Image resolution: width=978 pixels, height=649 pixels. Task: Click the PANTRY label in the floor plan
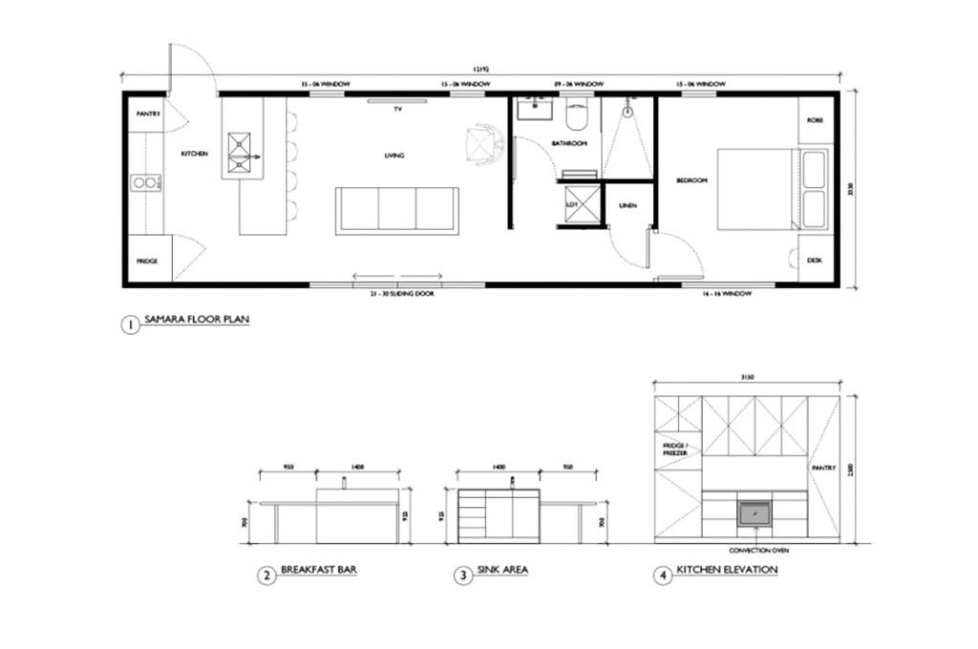[148, 114]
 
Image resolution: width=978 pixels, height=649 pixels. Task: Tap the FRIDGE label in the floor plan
[146, 261]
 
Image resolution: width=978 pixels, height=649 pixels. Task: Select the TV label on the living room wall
[397, 110]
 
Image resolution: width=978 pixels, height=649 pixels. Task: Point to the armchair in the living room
[485, 144]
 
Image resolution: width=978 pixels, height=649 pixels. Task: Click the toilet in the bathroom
[578, 115]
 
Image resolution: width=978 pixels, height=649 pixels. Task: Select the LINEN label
[627, 205]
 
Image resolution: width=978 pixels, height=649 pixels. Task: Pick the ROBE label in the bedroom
[815, 120]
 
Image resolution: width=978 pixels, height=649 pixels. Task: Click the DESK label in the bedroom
[815, 260]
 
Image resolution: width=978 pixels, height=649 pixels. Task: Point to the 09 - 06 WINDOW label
[580, 85]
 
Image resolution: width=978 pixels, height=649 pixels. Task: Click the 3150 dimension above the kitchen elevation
[747, 378]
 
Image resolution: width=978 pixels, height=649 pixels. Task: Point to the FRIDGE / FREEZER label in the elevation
[675, 449]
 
